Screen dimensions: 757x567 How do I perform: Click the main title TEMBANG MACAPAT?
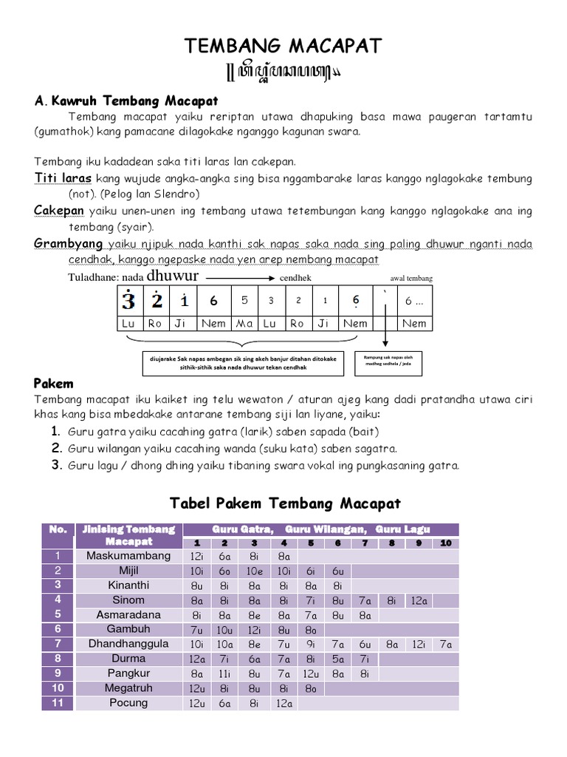283,47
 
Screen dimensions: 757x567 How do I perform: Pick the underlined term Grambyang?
68,243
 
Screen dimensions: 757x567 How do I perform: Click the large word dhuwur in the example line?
173,276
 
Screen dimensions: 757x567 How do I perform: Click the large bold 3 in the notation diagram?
129,301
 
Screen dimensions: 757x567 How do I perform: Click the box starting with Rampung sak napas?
386,361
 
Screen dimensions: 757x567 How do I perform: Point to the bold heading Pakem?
53,384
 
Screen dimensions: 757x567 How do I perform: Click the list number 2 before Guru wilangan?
55,448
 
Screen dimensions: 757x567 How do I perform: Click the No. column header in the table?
58,529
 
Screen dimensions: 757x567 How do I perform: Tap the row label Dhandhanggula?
128,643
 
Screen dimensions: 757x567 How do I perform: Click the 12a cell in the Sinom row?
419,600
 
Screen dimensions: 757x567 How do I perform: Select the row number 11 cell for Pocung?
58,702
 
